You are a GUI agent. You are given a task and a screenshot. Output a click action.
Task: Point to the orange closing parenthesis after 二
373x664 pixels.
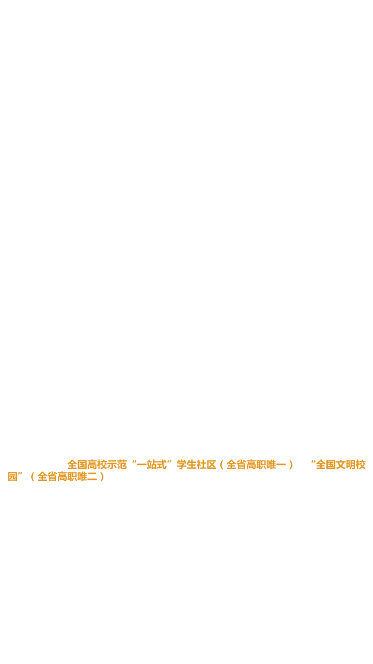tap(102, 477)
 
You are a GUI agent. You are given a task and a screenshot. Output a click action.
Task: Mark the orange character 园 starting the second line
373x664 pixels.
tap(12, 477)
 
